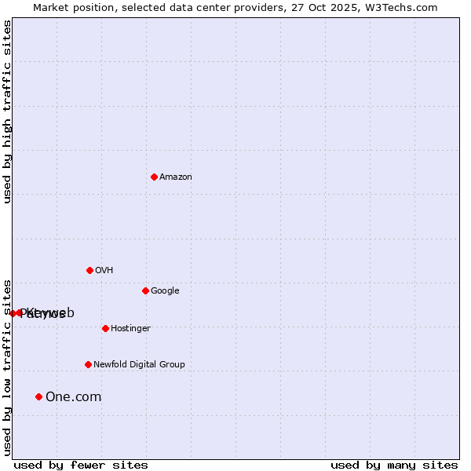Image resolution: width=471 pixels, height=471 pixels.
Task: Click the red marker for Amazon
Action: [x=154, y=177]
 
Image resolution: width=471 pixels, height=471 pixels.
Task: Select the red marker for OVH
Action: [x=89, y=270]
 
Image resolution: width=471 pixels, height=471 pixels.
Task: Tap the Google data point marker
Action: [x=145, y=290]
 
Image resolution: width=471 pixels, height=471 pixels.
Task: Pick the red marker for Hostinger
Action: [x=105, y=328]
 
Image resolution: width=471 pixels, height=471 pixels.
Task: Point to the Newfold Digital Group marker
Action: [x=88, y=364]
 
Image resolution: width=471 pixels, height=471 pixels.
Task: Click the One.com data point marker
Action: [x=38, y=396]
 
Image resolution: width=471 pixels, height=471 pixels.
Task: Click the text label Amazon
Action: [x=176, y=177]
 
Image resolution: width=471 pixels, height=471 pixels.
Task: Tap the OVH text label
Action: [x=104, y=271]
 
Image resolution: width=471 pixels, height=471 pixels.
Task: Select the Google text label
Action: [x=165, y=291]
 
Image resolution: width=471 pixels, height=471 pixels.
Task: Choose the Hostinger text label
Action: [x=130, y=329]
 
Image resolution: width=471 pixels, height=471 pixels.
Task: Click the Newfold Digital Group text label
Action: [x=139, y=365]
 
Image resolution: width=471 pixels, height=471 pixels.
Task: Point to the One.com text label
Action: [x=73, y=397]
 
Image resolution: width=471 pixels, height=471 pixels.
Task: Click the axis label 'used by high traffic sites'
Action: [x=7, y=112]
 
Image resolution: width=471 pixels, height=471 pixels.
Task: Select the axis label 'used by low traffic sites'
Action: [x=7, y=367]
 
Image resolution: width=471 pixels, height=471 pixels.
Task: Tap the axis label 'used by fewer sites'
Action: [x=81, y=466]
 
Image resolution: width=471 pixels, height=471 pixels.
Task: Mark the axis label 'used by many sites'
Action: [x=394, y=466]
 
